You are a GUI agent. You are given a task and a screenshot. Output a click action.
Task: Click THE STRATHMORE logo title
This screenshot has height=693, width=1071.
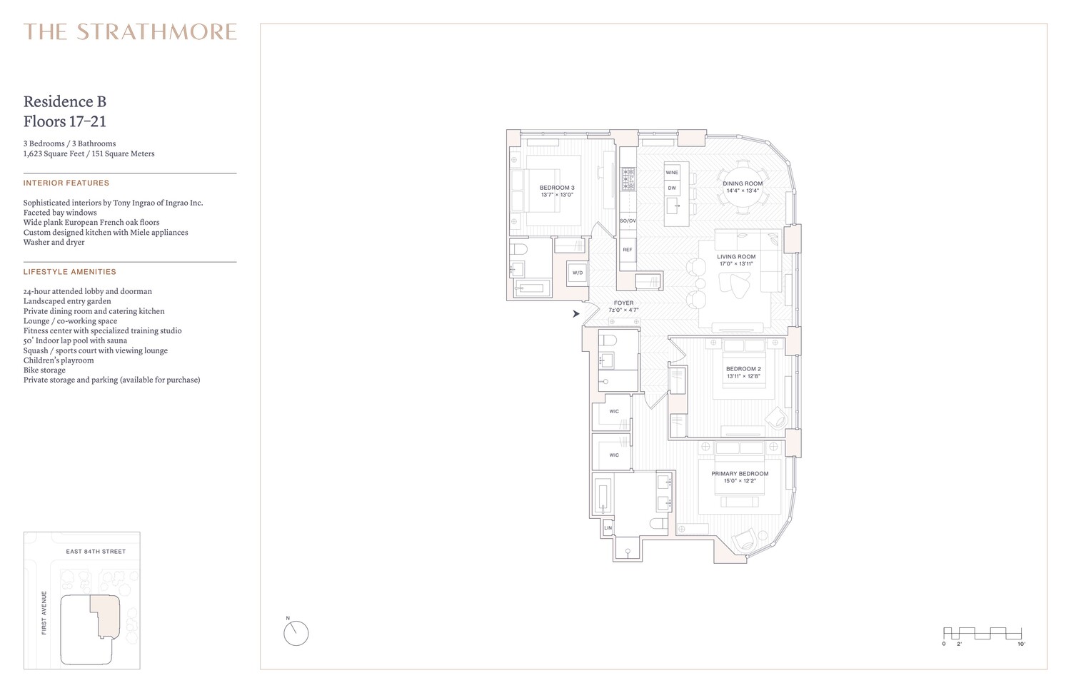tap(130, 32)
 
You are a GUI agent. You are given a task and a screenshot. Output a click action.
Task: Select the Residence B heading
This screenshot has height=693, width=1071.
tap(65, 102)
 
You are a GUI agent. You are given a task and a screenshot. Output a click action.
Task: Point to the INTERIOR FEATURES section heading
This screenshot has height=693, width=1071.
tap(66, 183)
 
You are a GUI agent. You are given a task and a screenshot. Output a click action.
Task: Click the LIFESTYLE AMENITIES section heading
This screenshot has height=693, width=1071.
tap(70, 272)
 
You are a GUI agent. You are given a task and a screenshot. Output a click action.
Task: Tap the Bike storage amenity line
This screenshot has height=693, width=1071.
tap(44, 370)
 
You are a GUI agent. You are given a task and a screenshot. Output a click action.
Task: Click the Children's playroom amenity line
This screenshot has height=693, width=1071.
tap(59, 360)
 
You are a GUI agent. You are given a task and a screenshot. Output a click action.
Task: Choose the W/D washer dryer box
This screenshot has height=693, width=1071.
tap(577, 273)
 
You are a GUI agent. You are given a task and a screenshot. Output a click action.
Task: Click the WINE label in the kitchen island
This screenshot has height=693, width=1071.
tap(672, 173)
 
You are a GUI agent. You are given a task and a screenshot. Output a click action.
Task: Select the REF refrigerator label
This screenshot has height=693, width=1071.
tap(628, 250)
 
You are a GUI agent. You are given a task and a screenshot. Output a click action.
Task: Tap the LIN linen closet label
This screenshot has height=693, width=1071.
tap(608, 528)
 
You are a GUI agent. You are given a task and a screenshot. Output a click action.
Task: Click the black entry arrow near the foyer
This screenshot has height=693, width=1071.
tap(575, 313)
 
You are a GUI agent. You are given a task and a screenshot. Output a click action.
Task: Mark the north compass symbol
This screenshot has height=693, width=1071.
tap(296, 632)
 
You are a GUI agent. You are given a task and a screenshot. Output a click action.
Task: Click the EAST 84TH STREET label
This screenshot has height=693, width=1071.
tap(96, 552)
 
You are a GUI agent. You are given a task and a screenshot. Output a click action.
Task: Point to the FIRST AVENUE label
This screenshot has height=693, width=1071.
tap(44, 612)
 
